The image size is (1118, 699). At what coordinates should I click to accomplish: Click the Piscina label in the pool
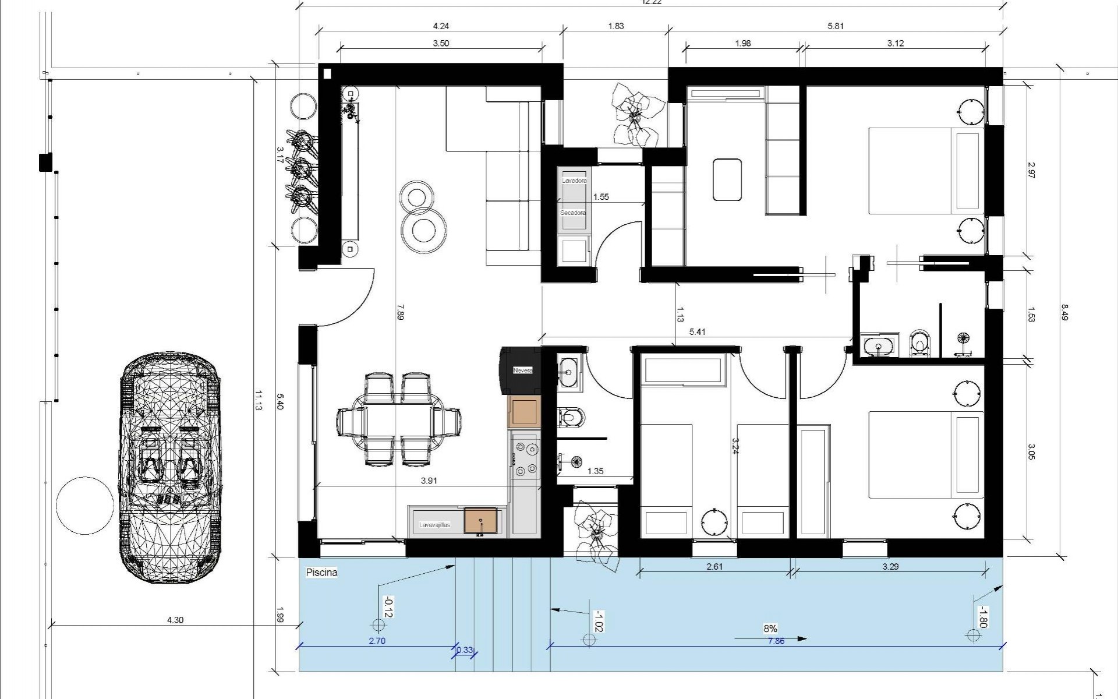[321, 573]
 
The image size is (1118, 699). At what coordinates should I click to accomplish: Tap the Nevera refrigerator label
[522, 370]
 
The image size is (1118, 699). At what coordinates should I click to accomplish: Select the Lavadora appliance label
[574, 181]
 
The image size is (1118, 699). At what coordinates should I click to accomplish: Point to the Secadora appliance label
[573, 213]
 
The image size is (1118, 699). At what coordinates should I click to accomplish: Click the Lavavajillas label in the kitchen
[435, 525]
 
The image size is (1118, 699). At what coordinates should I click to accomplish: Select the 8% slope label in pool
[770, 629]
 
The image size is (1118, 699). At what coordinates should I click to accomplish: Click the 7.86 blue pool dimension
[776, 641]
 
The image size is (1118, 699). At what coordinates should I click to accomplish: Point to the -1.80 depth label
[982, 617]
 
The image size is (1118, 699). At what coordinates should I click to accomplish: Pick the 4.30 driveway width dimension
[175, 620]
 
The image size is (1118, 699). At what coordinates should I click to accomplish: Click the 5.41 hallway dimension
[697, 332]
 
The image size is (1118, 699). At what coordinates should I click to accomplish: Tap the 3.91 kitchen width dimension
[429, 481]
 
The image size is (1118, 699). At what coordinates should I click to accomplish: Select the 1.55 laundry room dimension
[601, 197]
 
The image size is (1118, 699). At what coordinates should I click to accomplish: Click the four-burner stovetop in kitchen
[525, 459]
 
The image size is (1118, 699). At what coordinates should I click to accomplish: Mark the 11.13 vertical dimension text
[259, 401]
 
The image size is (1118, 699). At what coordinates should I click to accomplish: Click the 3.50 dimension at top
[441, 43]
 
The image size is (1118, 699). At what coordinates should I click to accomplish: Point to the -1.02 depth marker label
[597, 622]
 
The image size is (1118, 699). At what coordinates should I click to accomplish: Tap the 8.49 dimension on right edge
[1064, 313]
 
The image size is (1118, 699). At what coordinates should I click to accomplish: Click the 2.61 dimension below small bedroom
[714, 566]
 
